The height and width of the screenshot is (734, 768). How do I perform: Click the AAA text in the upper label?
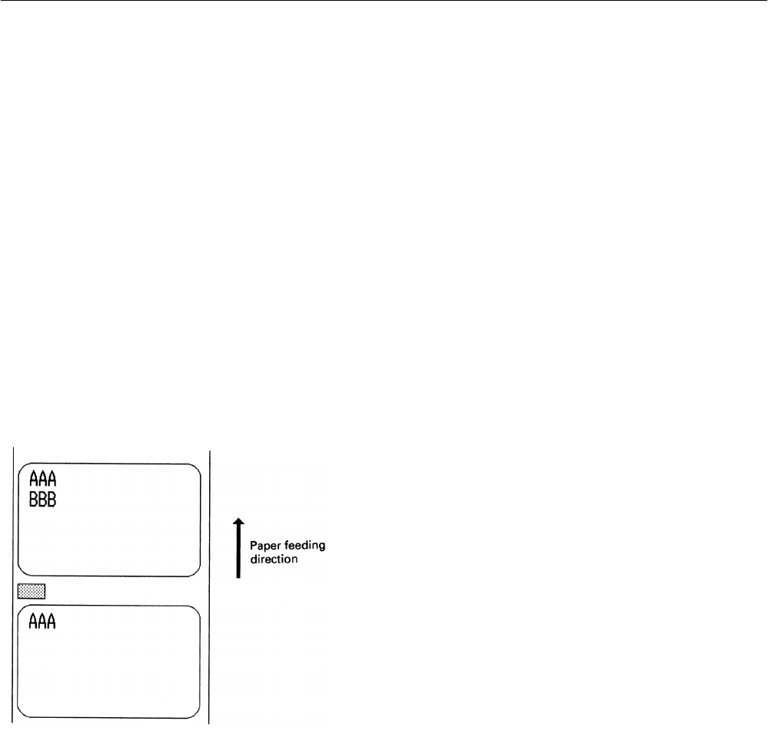(x=42, y=480)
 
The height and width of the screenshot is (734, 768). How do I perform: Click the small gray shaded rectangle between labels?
(x=32, y=590)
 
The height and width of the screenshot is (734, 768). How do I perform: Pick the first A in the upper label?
(x=33, y=480)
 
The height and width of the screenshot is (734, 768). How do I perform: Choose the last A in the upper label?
(x=52, y=480)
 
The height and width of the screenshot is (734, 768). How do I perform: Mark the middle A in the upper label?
(x=42, y=480)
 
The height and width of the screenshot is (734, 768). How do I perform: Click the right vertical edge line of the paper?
(x=210, y=584)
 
